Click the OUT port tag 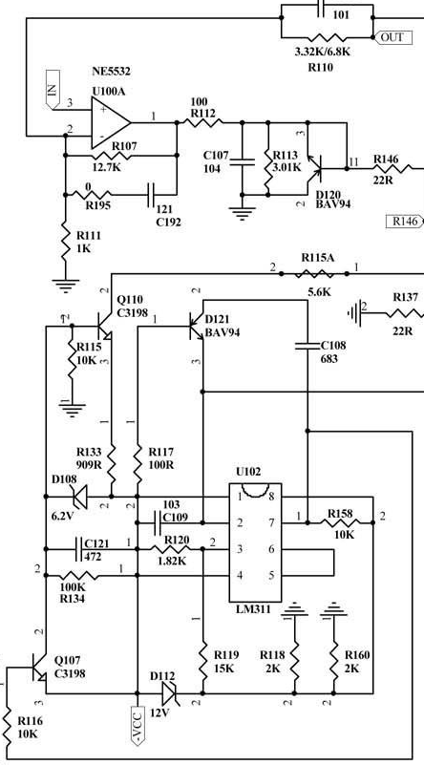(392, 37)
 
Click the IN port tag (53, 89)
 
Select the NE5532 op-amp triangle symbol (111, 122)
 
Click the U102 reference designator (248, 472)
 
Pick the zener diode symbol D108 (79, 497)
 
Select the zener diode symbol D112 (169, 692)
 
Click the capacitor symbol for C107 (243, 162)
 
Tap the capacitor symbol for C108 (307, 346)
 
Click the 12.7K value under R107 (106, 167)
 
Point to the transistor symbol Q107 (37, 668)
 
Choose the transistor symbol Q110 (103, 326)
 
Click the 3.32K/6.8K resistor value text (323, 52)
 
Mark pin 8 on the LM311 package (271, 498)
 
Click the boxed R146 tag (405, 222)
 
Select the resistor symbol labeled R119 (202, 660)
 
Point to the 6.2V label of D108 (62, 516)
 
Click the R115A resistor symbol (314, 274)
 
